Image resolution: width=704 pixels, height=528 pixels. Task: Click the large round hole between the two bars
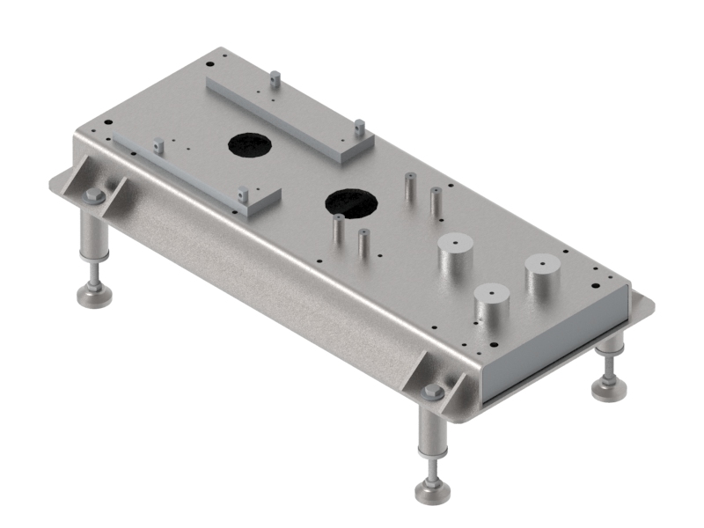point(251,145)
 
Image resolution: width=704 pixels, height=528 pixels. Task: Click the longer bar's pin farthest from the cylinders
point(275,79)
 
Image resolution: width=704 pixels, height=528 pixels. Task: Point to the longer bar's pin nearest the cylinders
point(359,128)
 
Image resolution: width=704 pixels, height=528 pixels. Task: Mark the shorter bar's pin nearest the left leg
point(158,146)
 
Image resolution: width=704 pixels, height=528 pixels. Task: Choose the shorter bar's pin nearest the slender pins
point(241,194)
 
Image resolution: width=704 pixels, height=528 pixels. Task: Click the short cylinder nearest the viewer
point(492,305)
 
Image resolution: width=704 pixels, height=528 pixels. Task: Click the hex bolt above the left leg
point(95,196)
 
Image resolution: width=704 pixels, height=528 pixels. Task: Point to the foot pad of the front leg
point(431,491)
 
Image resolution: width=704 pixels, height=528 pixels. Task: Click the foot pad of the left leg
point(94,296)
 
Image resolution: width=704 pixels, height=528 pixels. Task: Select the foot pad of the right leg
point(607,387)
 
